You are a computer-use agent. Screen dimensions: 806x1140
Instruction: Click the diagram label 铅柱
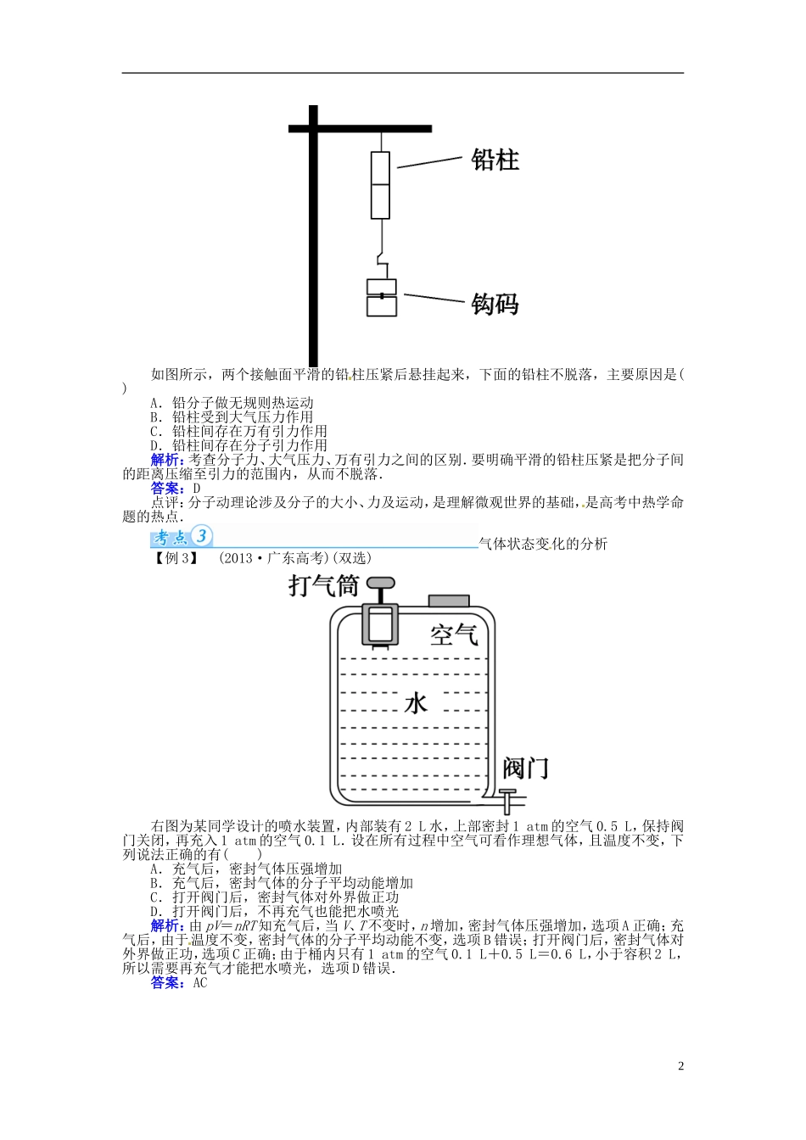(495, 159)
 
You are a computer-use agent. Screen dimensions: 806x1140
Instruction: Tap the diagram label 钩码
(495, 304)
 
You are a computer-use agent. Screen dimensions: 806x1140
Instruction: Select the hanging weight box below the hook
(381, 298)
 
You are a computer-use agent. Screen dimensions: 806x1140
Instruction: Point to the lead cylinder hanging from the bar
(380, 185)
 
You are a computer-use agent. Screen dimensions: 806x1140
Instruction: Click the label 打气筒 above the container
(323, 585)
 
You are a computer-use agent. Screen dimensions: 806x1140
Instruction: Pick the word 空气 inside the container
(454, 634)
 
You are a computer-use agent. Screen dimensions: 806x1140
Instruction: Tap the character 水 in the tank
(416, 703)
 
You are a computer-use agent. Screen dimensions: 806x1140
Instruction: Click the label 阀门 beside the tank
(525, 768)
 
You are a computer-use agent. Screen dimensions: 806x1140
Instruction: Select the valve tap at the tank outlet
(507, 799)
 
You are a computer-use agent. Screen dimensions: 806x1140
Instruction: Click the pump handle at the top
(379, 584)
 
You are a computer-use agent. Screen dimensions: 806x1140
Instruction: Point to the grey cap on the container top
(449, 601)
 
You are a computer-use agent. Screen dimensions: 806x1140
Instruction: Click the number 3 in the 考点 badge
(201, 536)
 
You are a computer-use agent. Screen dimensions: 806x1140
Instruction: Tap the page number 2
(680, 1066)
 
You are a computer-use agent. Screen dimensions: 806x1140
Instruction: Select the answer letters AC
(200, 983)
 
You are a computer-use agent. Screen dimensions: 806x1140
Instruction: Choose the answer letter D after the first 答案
(197, 489)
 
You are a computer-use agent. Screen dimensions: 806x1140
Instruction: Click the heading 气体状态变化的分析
(544, 544)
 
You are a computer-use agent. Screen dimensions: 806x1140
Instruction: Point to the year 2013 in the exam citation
(238, 558)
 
